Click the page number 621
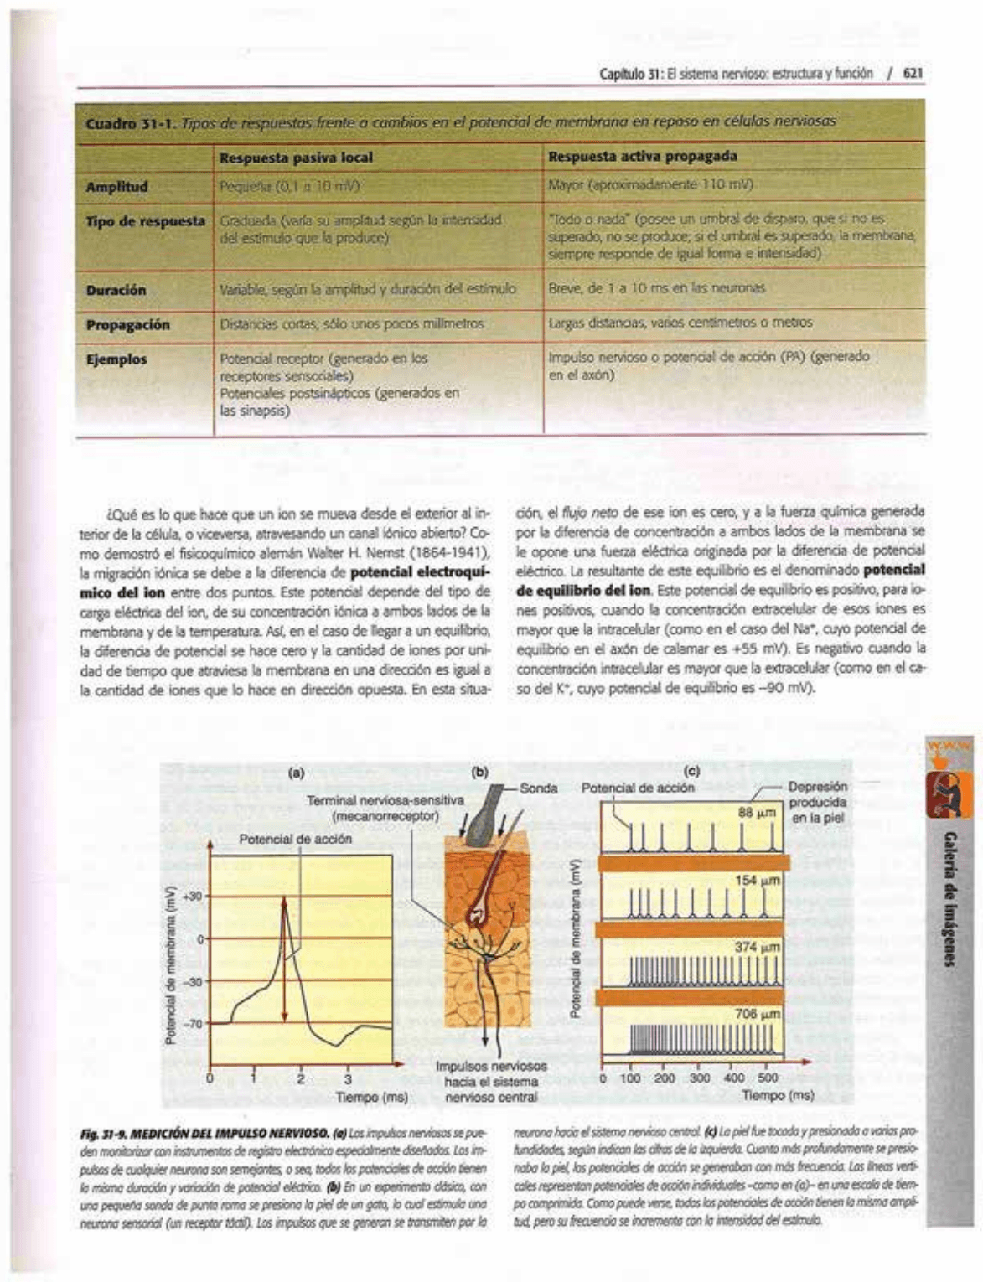[913, 73]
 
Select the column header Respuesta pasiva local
[296, 158]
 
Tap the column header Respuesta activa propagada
[642, 157]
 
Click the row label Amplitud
[117, 187]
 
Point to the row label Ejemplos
[116, 359]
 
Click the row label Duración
[116, 290]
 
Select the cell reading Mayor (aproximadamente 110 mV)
[650, 184]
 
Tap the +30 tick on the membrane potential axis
[193, 897]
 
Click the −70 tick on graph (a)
[193, 1023]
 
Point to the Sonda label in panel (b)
[539, 788]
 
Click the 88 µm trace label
[758, 812]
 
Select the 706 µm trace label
[758, 1014]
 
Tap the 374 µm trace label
[758, 947]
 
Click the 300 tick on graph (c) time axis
[699, 1078]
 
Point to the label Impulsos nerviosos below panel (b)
[491, 1067]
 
